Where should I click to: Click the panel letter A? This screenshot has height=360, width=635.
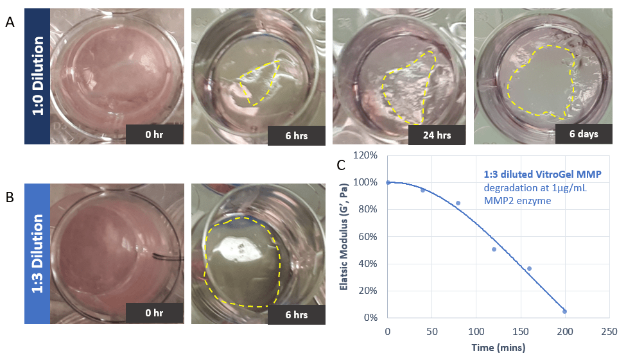click(x=10, y=22)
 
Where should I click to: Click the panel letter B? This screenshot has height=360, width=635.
click(x=10, y=197)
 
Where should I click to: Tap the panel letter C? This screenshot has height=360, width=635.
click(x=341, y=165)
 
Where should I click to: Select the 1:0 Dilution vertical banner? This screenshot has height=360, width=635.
click(x=37, y=76)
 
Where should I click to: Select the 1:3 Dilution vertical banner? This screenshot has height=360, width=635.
click(x=37, y=253)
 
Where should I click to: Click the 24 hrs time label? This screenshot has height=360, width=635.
click(x=437, y=135)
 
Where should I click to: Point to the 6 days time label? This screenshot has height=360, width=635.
click(x=584, y=134)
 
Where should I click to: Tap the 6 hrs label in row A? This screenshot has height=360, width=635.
click(x=297, y=135)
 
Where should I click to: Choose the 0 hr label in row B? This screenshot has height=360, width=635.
click(x=154, y=313)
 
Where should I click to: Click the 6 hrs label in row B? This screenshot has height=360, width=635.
click(x=297, y=314)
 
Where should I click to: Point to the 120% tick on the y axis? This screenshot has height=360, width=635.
click(x=365, y=155)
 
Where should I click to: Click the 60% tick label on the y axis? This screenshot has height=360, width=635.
click(x=368, y=237)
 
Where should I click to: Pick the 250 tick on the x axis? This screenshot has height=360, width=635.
click(x=609, y=332)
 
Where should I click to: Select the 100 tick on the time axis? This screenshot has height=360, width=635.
click(x=476, y=332)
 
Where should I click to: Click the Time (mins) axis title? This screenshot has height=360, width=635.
click(x=498, y=347)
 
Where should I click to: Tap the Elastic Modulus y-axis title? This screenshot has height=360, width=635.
click(x=344, y=237)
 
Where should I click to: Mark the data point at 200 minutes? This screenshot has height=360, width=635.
click(x=564, y=311)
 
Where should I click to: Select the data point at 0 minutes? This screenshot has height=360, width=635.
click(x=388, y=183)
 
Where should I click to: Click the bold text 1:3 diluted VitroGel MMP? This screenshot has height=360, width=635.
click(x=543, y=174)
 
